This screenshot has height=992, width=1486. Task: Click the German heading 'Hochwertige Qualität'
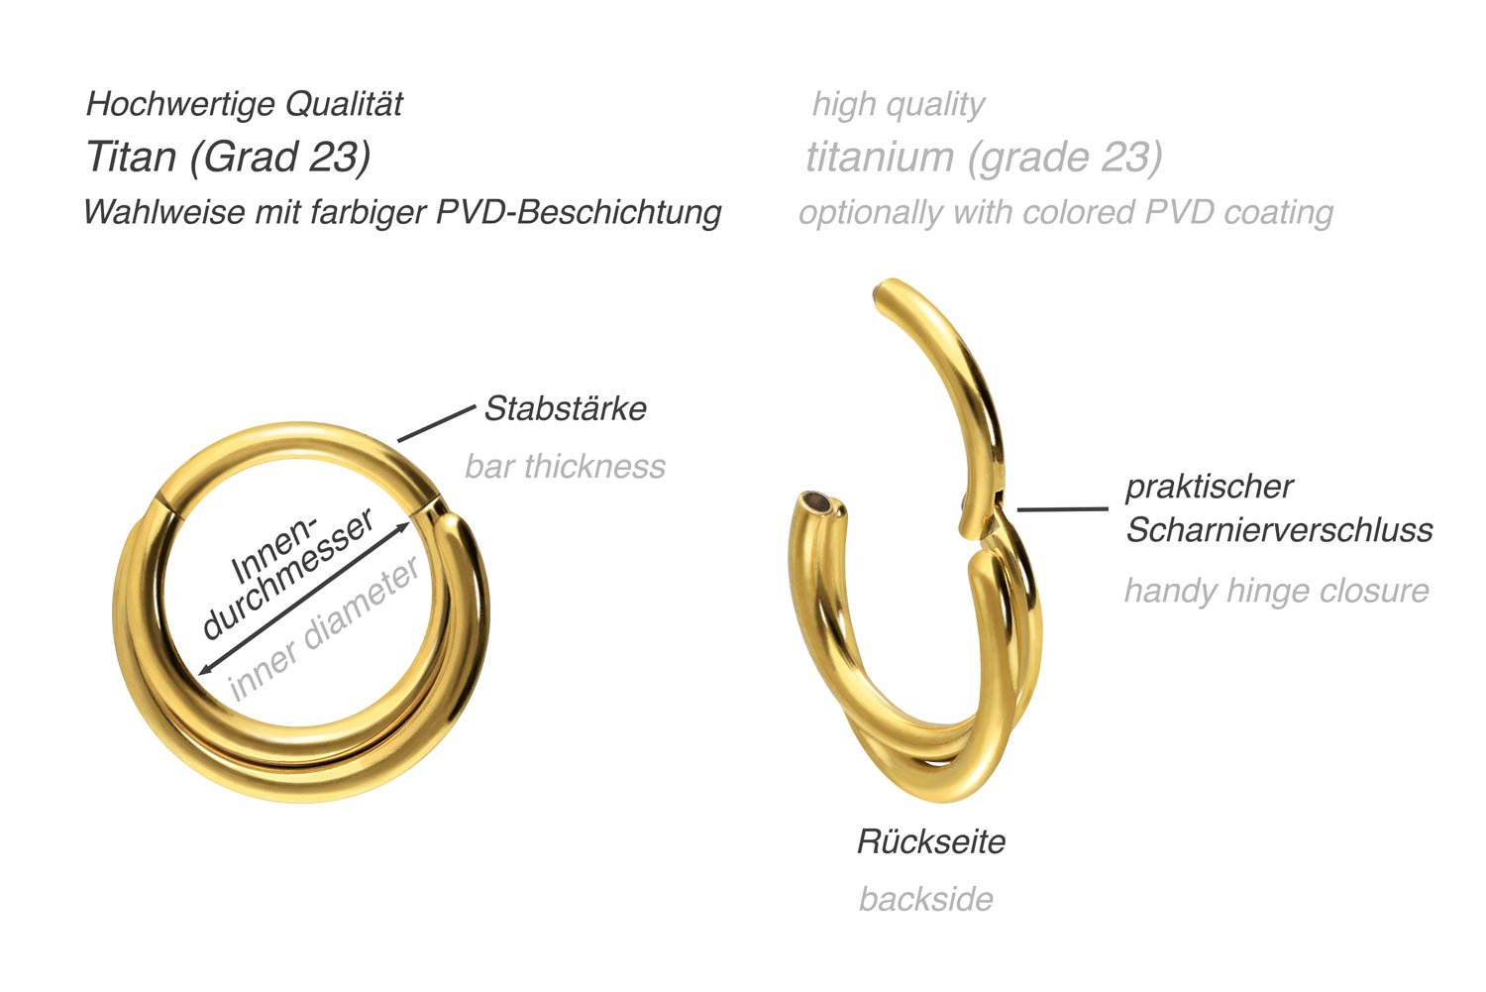(x=245, y=104)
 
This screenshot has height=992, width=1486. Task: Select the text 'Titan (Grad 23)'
(x=229, y=157)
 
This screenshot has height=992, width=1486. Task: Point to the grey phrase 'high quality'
(x=898, y=104)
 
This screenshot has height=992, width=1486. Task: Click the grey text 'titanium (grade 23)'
(x=984, y=157)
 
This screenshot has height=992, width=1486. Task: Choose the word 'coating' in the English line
(x=1278, y=212)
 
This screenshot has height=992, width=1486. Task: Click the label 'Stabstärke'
(x=565, y=408)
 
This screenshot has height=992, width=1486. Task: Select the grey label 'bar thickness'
(x=565, y=466)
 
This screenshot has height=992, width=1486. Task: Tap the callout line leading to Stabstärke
(x=436, y=423)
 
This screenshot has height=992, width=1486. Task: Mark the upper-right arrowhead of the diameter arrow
(x=405, y=526)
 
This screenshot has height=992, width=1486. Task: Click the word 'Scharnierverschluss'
(x=1279, y=530)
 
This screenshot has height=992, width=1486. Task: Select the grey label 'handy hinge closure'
(x=1276, y=591)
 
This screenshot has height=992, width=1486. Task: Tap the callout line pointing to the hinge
(x=1062, y=509)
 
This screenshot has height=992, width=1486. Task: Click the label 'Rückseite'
(x=930, y=841)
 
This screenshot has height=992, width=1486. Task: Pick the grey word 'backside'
(x=925, y=899)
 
